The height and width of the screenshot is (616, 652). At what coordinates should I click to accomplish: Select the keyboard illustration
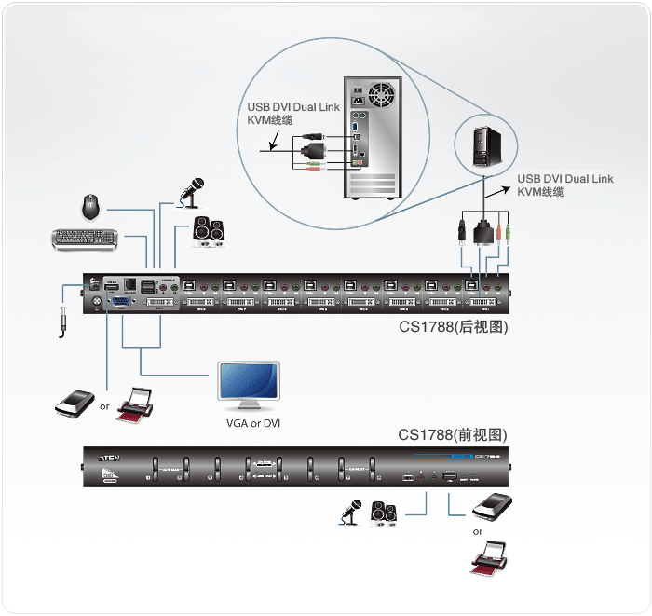coord(85,239)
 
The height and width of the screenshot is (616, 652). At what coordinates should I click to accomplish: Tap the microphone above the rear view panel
coord(193,190)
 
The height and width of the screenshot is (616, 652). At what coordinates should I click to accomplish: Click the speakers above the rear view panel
coord(208,231)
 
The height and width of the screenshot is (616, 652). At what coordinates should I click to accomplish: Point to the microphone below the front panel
coord(349,513)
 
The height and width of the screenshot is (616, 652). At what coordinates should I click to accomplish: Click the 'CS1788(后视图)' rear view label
coord(453,327)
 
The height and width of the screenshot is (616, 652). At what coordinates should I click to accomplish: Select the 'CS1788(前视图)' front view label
coord(453,434)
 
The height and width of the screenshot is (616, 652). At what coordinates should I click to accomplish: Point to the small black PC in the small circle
coord(486,144)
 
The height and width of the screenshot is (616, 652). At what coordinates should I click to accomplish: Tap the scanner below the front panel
coord(493,507)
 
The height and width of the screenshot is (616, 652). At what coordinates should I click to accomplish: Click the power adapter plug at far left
coord(62,322)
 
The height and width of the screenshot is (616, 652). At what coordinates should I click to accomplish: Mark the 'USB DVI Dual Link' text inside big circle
coord(292,107)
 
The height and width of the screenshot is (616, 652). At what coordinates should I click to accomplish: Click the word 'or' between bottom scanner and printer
coord(478,532)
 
